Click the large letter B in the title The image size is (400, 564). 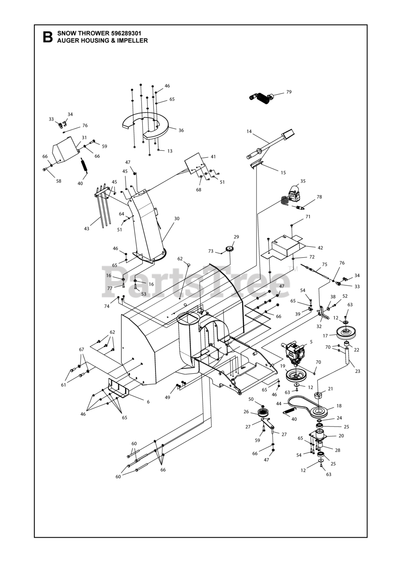point(48,37)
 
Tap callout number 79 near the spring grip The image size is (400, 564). point(289,92)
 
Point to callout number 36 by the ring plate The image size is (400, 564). point(181,130)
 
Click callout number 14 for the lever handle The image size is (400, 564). point(249,131)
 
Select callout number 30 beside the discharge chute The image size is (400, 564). point(177,219)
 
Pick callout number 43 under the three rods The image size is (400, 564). point(86,229)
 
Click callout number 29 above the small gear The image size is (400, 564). point(236,237)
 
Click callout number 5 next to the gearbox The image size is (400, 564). point(311,341)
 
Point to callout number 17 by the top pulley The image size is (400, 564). point(326,336)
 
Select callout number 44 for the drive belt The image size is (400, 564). point(279,404)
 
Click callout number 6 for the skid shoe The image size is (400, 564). point(148,402)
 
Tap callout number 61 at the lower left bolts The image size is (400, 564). point(63,385)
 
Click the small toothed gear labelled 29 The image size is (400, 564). point(229,249)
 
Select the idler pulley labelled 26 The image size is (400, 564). point(263,412)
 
